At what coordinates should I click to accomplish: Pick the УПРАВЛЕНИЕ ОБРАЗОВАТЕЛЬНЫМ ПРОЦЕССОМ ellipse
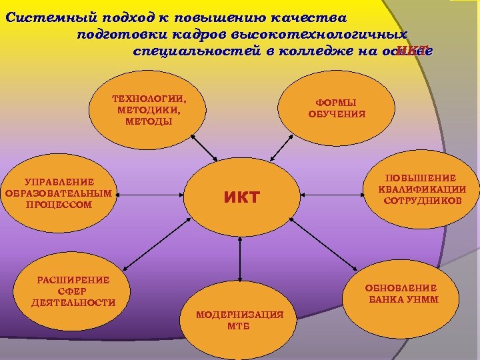click(59, 193)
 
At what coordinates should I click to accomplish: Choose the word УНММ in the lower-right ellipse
click(421, 299)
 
